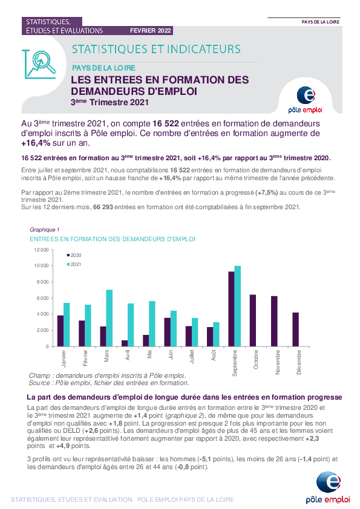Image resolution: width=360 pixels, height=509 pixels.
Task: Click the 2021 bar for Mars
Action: point(109,318)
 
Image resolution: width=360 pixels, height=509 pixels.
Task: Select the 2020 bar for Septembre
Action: point(231,309)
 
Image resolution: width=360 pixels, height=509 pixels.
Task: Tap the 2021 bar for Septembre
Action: point(238,306)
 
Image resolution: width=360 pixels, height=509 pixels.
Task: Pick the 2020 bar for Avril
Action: point(125,343)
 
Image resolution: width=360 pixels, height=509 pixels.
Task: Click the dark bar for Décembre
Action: point(295,329)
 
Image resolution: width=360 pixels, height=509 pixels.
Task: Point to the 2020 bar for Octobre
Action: point(253,321)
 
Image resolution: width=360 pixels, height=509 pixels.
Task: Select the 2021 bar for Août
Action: point(216,334)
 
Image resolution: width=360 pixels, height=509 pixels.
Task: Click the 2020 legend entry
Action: point(74,255)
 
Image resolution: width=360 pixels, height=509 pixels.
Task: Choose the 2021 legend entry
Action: point(74,264)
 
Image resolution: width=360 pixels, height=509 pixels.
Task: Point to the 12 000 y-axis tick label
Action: point(41,250)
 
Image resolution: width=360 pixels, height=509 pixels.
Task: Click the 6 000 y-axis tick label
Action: point(42,298)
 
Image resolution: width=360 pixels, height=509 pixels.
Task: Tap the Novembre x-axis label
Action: point(278,362)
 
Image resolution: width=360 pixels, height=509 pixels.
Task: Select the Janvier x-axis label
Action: point(64,358)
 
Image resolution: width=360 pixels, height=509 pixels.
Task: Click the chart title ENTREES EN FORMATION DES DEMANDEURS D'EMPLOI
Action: point(113,239)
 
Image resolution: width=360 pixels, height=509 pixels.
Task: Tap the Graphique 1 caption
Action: point(45,230)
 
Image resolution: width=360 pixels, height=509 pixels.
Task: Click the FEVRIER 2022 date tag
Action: point(151,30)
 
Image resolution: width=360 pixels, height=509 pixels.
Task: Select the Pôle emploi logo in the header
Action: point(306,100)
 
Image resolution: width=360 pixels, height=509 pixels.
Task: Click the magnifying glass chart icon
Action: point(39,64)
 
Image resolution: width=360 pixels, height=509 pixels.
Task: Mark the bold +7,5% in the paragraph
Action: point(266,192)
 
